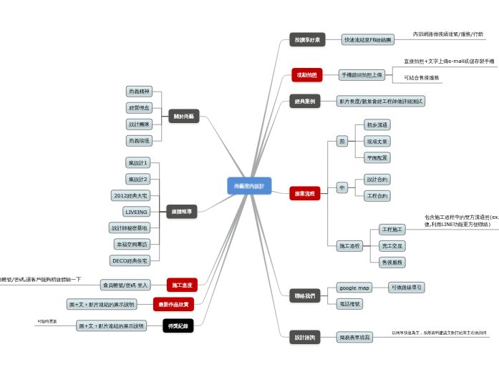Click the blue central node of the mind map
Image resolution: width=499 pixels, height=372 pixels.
[249, 186]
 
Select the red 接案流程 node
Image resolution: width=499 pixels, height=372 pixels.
[305, 193]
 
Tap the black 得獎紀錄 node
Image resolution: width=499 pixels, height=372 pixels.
[178, 325]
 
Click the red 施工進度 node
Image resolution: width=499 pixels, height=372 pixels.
[182, 285]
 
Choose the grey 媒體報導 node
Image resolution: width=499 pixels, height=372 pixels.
[180, 211]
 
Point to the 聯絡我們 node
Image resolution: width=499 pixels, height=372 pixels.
[304, 295]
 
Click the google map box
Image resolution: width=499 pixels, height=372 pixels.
[354, 288]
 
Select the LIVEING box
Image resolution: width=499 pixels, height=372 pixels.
[136, 212]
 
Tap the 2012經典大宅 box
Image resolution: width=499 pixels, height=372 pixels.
[131, 195]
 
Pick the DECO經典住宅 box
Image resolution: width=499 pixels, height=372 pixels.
[130, 260]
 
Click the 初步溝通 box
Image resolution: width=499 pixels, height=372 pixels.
[377, 125]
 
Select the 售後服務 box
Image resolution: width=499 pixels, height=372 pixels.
[392, 263]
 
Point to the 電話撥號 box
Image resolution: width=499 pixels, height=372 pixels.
[349, 304]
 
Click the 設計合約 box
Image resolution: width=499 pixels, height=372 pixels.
[377, 180]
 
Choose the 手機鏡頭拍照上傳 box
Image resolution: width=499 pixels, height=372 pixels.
[362, 75]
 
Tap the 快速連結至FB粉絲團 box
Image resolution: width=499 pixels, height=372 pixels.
[367, 40]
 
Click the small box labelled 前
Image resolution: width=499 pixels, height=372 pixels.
[342, 141]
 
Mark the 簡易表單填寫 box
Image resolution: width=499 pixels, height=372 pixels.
[355, 336]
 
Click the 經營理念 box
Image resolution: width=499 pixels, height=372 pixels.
[139, 108]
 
